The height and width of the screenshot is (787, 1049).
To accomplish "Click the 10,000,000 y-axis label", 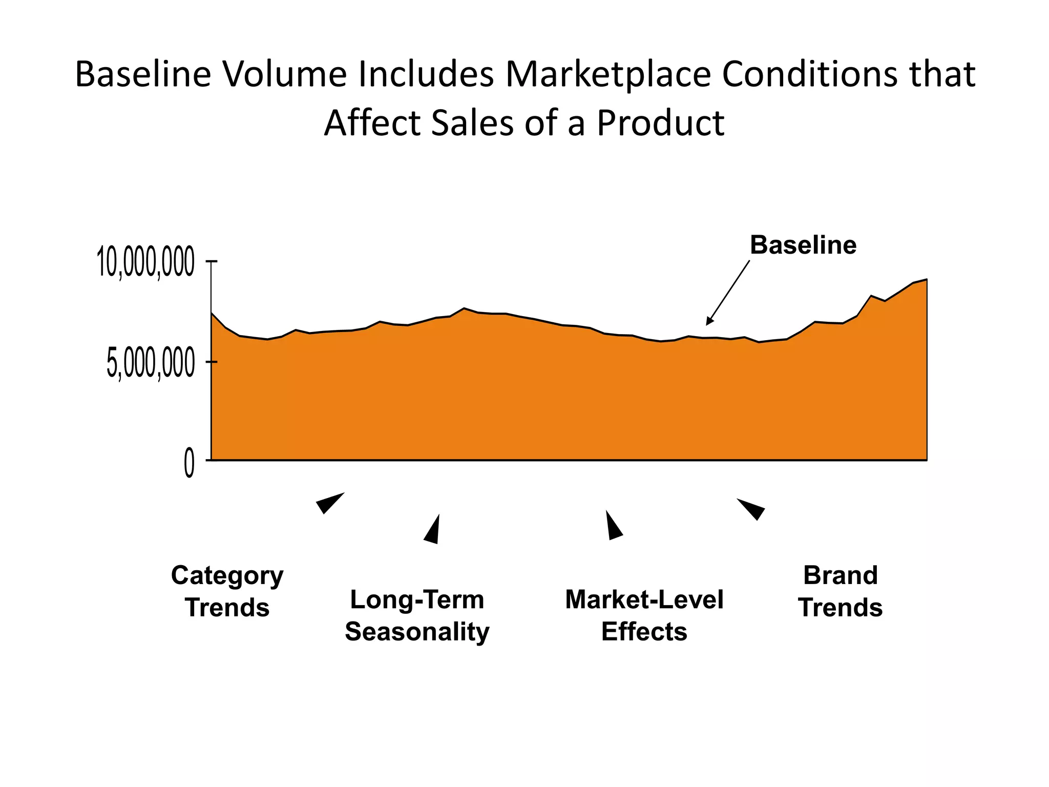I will [145, 262].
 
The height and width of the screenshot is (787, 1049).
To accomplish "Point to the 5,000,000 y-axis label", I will [150, 364].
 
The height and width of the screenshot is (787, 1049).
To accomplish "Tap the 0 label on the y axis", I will [189, 463].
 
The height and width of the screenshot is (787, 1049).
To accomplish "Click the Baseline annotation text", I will [803, 245].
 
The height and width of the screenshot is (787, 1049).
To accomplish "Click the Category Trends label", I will [227, 591].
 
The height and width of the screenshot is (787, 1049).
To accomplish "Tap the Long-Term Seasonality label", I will [417, 615].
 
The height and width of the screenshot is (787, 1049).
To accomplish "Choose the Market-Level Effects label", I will [644, 615].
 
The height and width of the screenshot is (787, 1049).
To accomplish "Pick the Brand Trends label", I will [840, 591].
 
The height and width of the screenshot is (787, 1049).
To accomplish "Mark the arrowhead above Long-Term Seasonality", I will [433, 531].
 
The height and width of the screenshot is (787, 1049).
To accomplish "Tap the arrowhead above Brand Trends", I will [752, 509].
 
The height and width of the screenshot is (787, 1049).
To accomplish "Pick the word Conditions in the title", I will [809, 74].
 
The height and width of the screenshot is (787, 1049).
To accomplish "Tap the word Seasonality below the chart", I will [417, 632].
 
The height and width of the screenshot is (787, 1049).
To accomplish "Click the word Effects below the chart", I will [644, 632].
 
